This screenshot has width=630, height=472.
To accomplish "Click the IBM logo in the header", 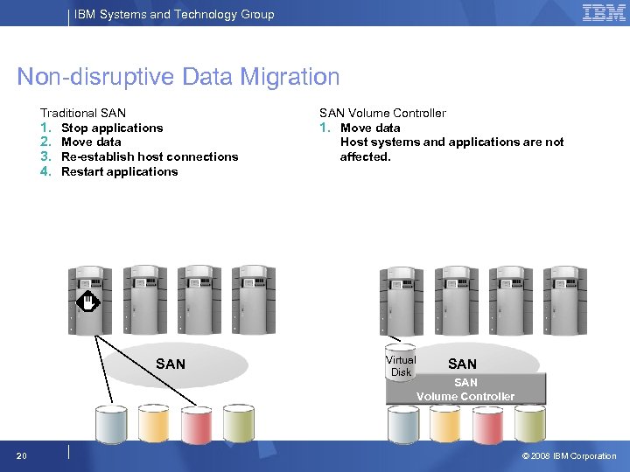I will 604,13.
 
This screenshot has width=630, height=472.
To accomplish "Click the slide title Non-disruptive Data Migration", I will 178,77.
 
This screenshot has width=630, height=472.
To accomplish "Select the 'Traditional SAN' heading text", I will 83,113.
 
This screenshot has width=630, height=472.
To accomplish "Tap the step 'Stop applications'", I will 112,128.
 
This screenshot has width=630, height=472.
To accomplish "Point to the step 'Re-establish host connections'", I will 150,156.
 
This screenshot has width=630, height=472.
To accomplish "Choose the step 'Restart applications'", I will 119,171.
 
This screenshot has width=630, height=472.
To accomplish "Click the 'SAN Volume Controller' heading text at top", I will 382,113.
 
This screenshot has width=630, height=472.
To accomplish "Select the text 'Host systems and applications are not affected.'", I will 451,149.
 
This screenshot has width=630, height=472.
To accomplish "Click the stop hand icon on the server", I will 88,303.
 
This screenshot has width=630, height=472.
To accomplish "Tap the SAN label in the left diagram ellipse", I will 171,364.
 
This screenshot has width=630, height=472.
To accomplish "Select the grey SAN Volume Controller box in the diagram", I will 465,389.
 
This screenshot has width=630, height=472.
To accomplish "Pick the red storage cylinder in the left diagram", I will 197,423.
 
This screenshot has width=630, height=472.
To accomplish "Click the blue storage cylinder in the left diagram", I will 111,423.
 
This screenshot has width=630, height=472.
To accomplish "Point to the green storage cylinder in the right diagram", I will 530,423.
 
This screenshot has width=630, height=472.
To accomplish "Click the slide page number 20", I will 21,455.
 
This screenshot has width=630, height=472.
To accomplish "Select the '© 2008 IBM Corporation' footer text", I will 569,455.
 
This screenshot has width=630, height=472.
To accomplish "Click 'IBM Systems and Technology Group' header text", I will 174,14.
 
